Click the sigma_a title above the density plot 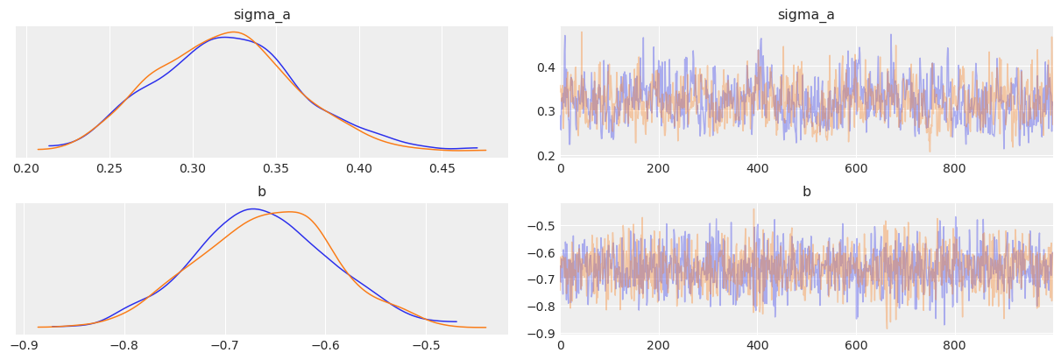261,15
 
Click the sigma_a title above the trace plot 806,15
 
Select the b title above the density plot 261,192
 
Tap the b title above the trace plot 806,192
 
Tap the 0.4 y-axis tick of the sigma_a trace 544,67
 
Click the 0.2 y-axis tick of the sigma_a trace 544,156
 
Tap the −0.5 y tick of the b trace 541,227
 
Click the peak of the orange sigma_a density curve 235,32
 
